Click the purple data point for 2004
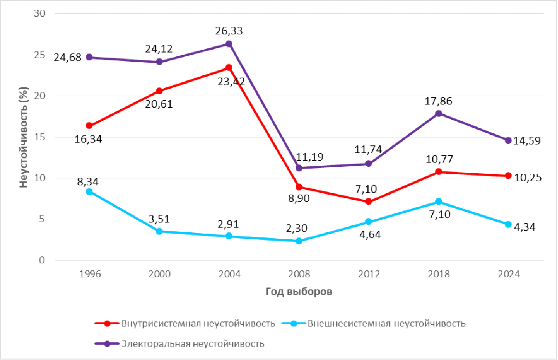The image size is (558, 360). (x=229, y=44)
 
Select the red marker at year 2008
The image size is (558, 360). (x=299, y=187)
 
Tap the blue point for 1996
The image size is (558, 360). (x=89, y=191)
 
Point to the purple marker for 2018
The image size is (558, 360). (x=439, y=113)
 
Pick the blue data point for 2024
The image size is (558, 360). (x=508, y=224)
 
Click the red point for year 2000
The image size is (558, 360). (x=159, y=91)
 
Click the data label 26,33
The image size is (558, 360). (x=229, y=31)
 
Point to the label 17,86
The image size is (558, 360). (x=438, y=101)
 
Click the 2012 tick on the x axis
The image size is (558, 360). (x=369, y=274)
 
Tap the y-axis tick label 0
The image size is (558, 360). (x=42, y=260)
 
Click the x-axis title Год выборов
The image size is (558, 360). (x=299, y=292)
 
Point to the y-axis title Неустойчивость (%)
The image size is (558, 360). (x=23, y=137)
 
